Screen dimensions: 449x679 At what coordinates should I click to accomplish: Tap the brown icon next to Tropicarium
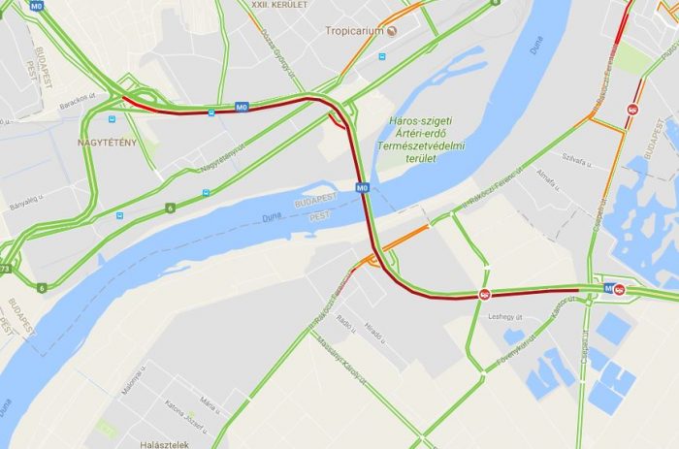tap(392, 30)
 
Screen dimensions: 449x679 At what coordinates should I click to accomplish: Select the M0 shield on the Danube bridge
tap(362, 187)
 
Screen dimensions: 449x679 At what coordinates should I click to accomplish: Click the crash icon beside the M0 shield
tap(620, 289)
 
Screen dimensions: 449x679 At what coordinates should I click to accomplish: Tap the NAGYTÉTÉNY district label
tap(107, 144)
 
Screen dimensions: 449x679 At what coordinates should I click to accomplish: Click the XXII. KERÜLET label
tap(279, 5)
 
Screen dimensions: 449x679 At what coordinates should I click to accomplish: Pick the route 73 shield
tap(5, 269)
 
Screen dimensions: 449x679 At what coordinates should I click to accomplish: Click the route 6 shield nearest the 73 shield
tap(42, 287)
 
